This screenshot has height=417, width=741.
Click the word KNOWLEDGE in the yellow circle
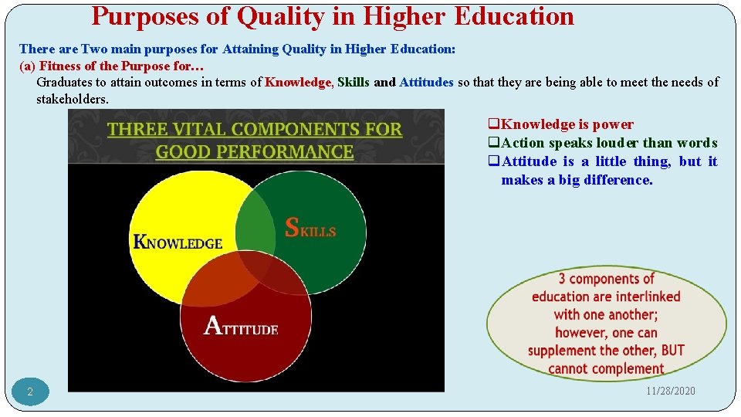[178, 242]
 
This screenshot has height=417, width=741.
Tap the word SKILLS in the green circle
[310, 229]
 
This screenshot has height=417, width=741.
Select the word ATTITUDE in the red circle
[241, 326]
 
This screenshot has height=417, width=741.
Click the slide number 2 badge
[30, 392]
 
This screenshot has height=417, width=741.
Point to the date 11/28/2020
[671, 391]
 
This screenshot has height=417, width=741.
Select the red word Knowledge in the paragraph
[298, 82]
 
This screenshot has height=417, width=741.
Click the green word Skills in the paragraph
[354, 82]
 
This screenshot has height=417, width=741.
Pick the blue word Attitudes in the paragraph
[426, 82]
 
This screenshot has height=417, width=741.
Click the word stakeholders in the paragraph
[73, 99]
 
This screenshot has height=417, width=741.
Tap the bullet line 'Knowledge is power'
[567, 124]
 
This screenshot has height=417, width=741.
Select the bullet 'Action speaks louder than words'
[608, 143]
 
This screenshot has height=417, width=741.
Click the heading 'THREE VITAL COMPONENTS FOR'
[255, 129]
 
